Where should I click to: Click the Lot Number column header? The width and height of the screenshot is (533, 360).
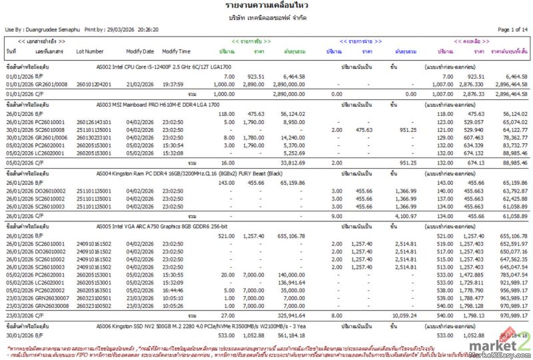point(90,51)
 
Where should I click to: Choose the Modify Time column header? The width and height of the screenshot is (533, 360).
point(176,51)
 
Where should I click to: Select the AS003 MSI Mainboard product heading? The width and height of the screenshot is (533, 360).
point(157,105)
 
